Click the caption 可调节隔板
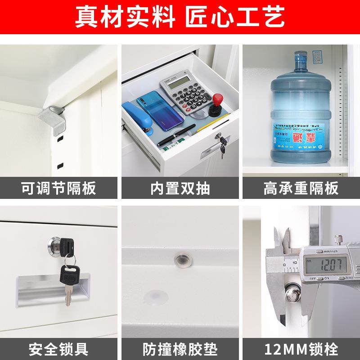(x=58, y=188)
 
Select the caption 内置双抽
(x=180, y=188)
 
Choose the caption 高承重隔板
(x=301, y=188)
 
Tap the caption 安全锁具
(x=58, y=349)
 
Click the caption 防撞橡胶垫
(x=180, y=349)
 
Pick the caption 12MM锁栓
(x=301, y=349)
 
